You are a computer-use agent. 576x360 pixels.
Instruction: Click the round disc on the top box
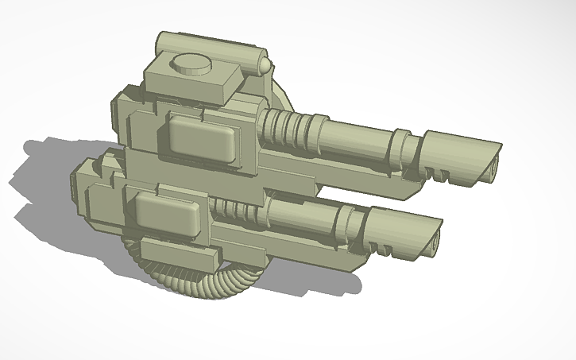tap(191, 63)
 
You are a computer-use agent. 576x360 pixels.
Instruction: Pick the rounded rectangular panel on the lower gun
tap(166, 214)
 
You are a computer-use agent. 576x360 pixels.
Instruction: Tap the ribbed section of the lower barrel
tap(238, 211)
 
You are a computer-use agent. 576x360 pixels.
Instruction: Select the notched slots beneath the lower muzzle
tap(381, 250)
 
